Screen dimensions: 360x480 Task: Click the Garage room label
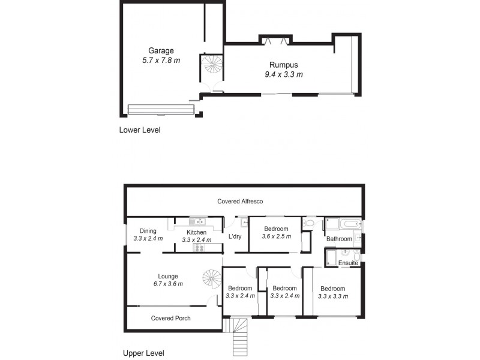pos(160,51)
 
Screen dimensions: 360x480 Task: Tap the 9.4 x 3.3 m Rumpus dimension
pos(283,74)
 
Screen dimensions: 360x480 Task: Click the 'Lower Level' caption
pos(140,130)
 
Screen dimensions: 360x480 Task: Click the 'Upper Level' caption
pos(143,353)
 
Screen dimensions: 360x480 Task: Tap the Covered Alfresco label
pos(240,202)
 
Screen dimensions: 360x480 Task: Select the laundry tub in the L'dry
pos(237,223)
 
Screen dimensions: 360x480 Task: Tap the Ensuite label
pos(348,263)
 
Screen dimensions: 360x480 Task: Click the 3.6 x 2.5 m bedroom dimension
pos(276,236)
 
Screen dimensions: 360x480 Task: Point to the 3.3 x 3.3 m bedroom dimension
pos(332,296)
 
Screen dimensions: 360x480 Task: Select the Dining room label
pos(148,231)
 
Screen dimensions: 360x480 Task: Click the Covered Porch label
pos(170,318)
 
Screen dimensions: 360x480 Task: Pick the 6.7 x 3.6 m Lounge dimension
pos(167,284)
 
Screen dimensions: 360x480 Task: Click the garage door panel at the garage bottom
pos(161,109)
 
